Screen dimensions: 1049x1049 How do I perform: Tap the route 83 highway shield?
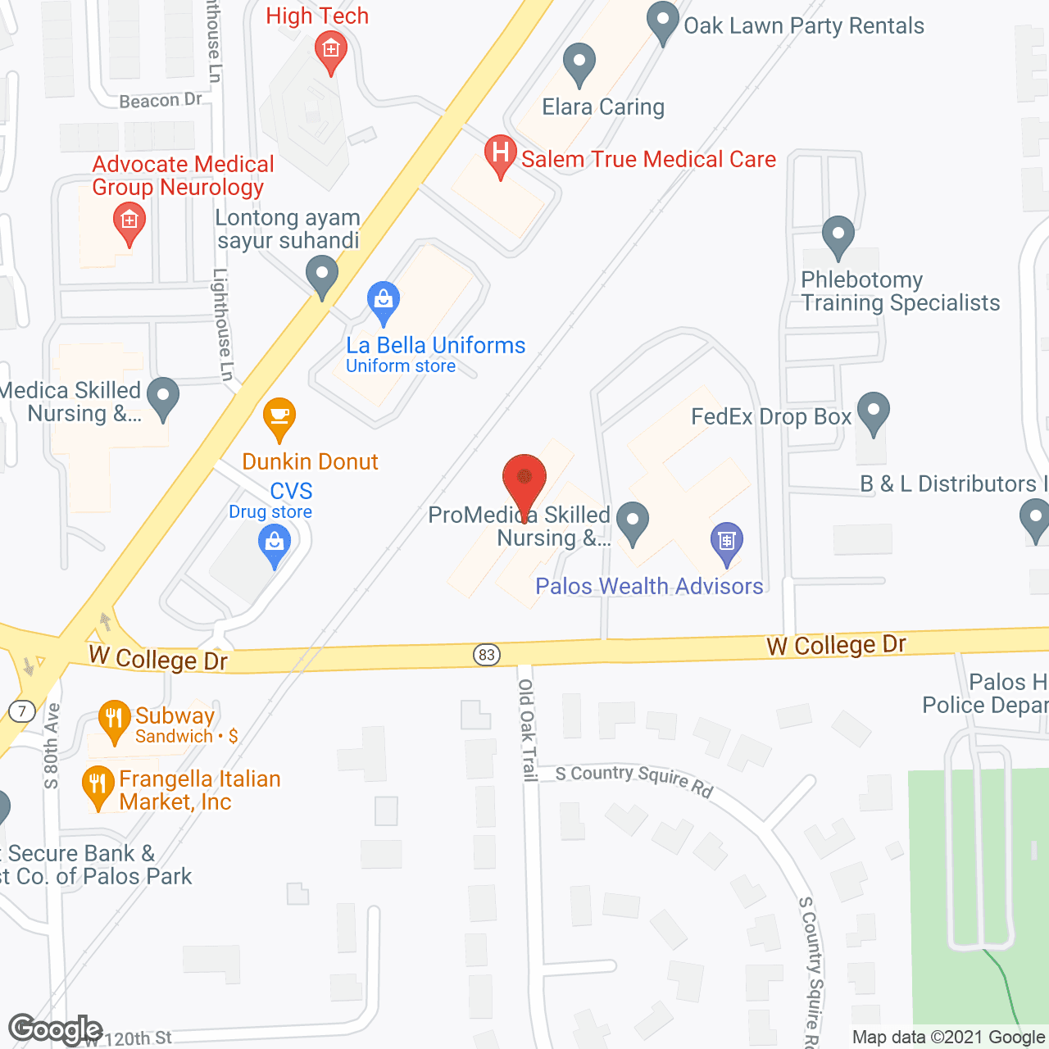tap(487, 654)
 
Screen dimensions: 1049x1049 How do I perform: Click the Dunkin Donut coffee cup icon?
tap(279, 419)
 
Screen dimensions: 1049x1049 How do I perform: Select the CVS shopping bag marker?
tap(275, 544)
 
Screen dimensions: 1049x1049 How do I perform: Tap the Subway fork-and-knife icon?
tap(114, 719)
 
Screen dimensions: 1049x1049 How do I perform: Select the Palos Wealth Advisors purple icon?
tap(726, 542)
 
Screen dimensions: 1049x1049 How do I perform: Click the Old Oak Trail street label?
tap(526, 729)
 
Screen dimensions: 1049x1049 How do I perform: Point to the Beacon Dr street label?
tap(160, 101)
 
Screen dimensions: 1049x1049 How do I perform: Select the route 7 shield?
tap(22, 711)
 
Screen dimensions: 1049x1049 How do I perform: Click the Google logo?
tap(55, 1029)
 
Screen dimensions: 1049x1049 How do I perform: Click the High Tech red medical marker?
tap(331, 51)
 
